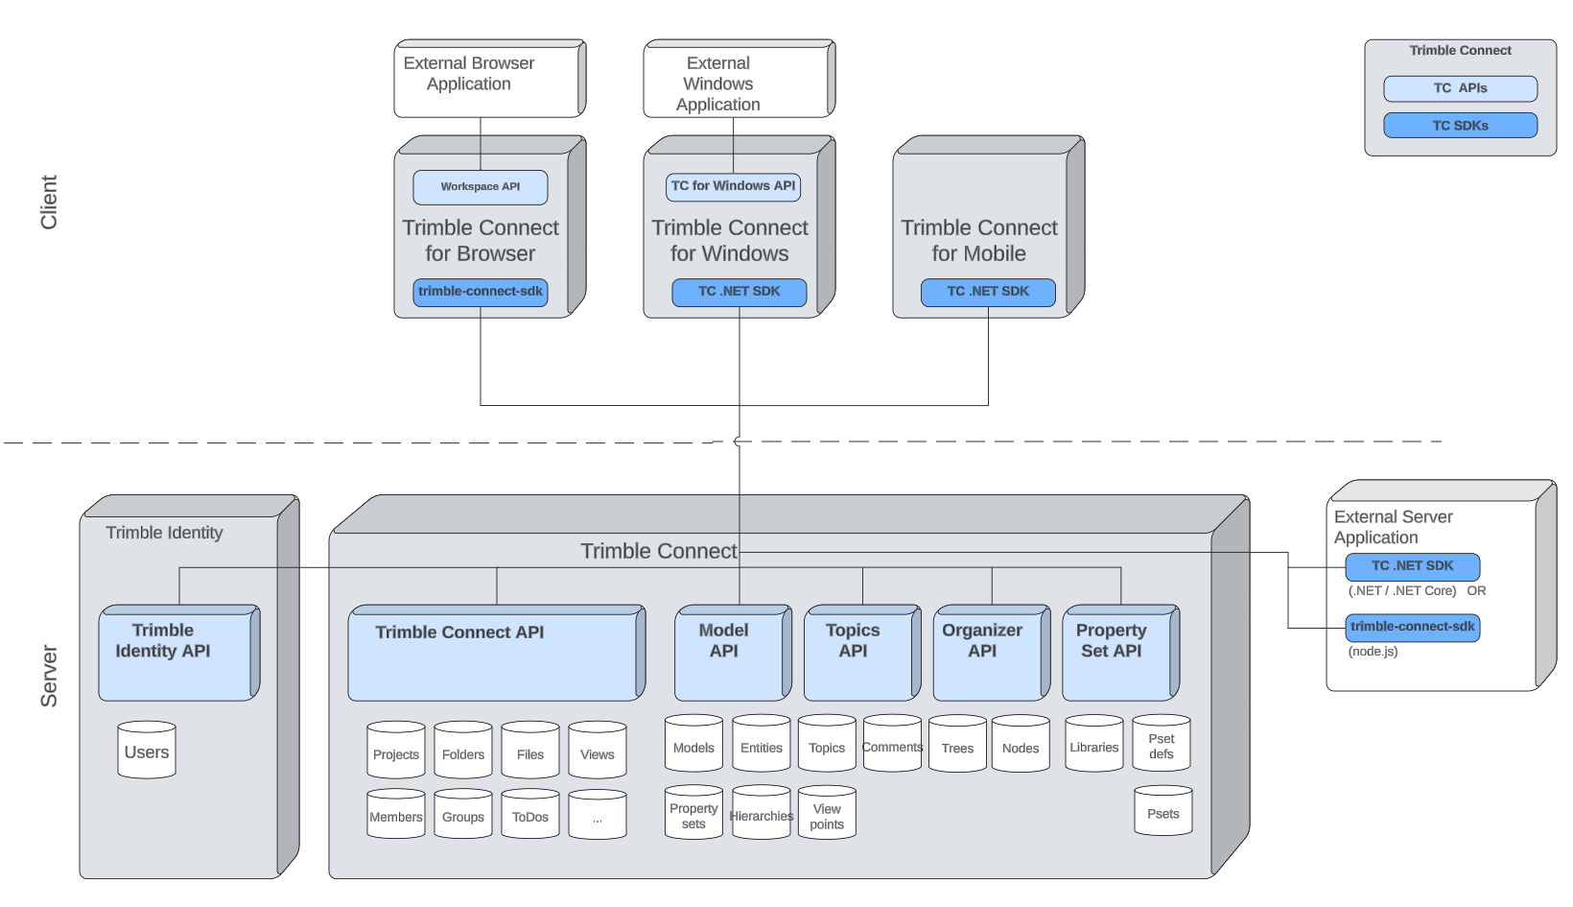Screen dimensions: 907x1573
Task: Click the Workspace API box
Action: pos(480,187)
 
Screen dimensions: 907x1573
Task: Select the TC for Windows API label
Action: pos(733,186)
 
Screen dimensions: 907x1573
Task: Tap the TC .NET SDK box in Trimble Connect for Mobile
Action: pos(988,292)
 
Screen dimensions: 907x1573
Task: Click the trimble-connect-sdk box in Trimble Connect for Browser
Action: pos(480,292)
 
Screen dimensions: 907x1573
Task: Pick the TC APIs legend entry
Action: pos(1460,88)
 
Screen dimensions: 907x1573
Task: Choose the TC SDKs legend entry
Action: pos(1460,126)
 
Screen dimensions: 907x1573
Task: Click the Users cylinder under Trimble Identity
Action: pos(147,752)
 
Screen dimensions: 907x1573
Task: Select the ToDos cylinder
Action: pos(529,816)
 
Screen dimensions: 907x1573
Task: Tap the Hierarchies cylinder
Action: pos(761,815)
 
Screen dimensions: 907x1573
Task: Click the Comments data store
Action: pos(892,746)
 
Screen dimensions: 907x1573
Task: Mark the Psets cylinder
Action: pos(1162,813)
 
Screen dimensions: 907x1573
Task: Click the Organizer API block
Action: pos(985,654)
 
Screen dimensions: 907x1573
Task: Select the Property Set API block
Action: pos(1115,654)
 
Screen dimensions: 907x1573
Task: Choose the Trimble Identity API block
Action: pos(175,654)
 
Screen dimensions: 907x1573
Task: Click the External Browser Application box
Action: pos(485,77)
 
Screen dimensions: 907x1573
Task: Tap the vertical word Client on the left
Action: pos(49,202)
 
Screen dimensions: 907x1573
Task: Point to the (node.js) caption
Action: pos(1373,652)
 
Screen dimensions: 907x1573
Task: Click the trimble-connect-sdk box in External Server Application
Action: pos(1412,628)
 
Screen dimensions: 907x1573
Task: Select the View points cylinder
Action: pos(826,815)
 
